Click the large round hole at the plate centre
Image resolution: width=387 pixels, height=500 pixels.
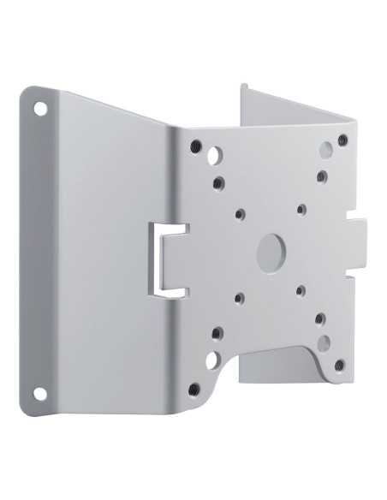(272, 248)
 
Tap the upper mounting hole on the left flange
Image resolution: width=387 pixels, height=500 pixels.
(40, 109)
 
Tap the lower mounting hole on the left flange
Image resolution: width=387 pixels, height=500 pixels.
(39, 393)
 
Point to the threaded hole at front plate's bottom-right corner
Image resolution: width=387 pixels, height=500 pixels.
(340, 365)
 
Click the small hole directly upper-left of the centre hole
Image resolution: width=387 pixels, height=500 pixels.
(241, 211)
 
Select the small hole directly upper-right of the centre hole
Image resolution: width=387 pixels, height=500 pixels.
(301, 208)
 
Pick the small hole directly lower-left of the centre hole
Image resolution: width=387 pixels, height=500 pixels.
(240, 299)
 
